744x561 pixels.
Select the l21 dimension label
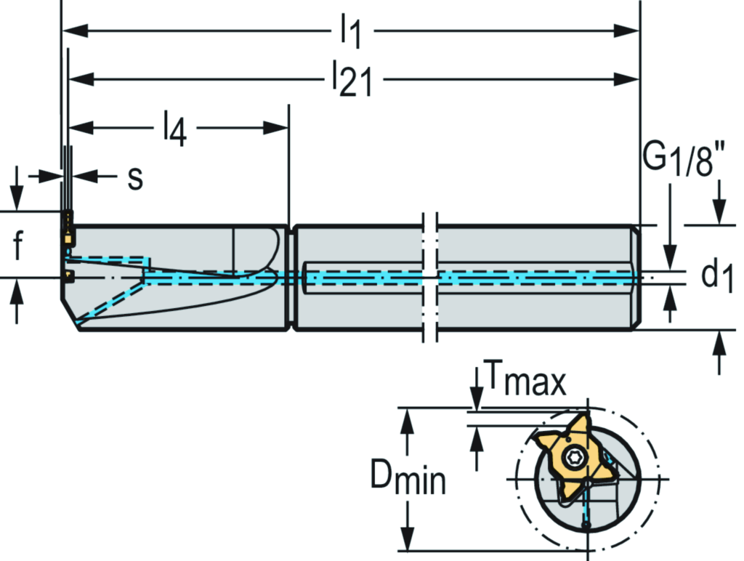click(x=352, y=78)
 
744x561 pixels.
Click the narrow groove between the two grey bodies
click(x=292, y=278)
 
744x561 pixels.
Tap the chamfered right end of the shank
click(x=636, y=278)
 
